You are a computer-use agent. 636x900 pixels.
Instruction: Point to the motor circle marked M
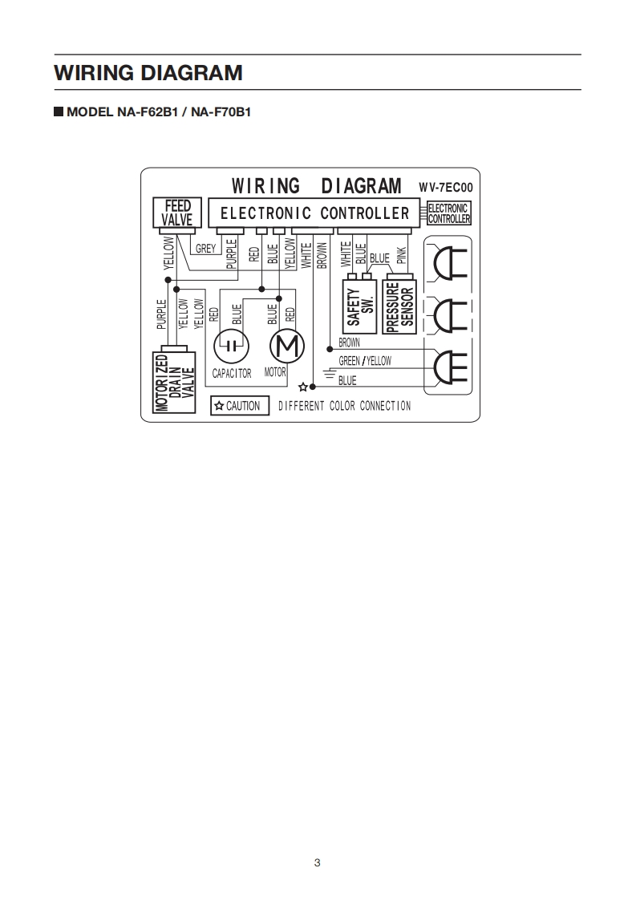pos(286,346)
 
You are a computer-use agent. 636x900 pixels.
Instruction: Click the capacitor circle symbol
pos(232,346)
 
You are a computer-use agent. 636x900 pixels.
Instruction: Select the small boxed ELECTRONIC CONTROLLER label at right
pos(449,213)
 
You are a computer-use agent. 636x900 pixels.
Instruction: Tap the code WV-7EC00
pos(445,188)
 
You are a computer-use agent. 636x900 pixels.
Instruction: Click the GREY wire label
pos(205,249)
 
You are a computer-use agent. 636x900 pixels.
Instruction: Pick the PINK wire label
pos(402,256)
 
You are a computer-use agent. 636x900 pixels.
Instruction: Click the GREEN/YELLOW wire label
pos(365,361)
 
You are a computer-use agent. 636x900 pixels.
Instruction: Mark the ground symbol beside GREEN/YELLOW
pos(328,373)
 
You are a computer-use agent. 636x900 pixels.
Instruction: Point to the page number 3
pos(318,863)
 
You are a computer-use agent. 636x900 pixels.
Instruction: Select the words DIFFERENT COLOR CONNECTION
pos(344,406)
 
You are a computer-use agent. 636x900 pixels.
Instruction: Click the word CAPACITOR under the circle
pos(232,374)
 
